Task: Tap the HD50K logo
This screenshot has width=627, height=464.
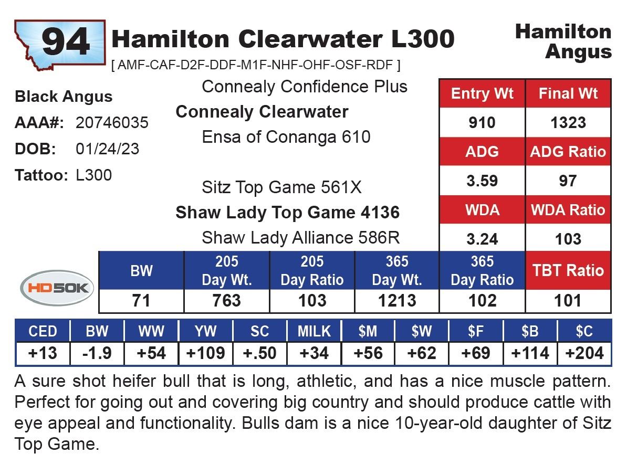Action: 57,288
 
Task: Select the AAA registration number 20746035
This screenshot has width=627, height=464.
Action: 112,123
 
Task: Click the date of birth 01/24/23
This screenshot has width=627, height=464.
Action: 108,149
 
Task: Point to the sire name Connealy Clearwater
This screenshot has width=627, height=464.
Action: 262,112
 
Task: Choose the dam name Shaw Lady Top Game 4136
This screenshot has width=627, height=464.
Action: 287,213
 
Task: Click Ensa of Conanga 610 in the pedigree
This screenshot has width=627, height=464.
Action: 286,137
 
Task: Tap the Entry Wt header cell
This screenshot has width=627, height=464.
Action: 482,94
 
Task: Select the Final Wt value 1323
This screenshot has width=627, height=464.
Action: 568,123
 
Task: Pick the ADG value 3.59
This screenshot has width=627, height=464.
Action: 482,181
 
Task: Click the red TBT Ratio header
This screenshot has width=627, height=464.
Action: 568,270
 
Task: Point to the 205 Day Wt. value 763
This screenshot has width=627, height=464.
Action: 226,300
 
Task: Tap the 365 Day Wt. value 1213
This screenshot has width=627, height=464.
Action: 397,300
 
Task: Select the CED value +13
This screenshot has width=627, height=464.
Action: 43,353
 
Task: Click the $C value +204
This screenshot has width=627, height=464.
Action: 584,353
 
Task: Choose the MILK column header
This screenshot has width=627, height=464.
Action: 314,332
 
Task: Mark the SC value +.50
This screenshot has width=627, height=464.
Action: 260,353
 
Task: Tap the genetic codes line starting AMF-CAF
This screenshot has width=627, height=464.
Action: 256,65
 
